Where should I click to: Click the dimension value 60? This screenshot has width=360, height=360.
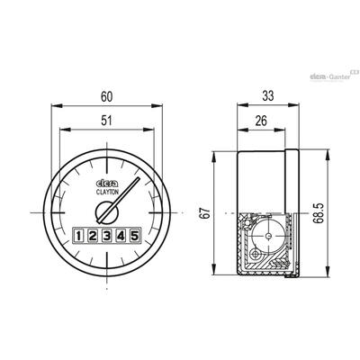point(106,97)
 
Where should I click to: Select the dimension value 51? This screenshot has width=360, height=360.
point(106,121)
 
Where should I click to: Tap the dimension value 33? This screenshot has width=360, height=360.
point(268,96)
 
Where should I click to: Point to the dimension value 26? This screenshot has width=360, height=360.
point(261,121)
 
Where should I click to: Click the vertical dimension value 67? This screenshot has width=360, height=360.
point(206,213)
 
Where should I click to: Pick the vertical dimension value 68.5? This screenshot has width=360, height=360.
point(319,213)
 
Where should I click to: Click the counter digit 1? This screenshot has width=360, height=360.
point(78,236)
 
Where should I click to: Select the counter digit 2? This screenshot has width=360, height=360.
point(93,236)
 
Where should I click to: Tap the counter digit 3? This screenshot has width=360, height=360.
point(107,236)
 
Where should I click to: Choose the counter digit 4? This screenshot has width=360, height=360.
point(121,236)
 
